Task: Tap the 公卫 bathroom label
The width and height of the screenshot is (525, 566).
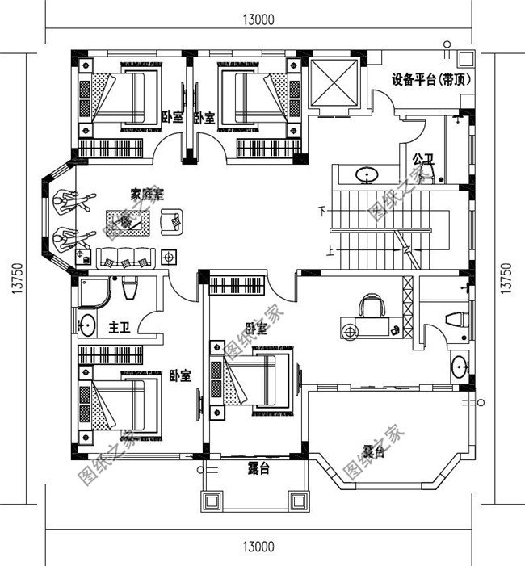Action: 422,158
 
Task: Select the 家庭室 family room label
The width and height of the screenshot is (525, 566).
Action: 147,194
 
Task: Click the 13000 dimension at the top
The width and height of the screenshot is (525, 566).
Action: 257,22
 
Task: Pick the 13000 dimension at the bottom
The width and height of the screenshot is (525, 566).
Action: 257,547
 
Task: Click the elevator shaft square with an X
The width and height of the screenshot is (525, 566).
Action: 334,82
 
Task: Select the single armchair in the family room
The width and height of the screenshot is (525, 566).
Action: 171,220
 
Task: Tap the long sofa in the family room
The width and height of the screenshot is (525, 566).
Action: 125,258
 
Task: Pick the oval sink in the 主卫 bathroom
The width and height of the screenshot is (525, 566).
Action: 87,327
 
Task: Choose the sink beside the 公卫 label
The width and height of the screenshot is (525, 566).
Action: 368,173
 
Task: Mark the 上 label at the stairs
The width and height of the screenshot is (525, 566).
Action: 330,250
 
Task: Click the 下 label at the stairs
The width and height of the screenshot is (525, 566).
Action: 323,212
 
